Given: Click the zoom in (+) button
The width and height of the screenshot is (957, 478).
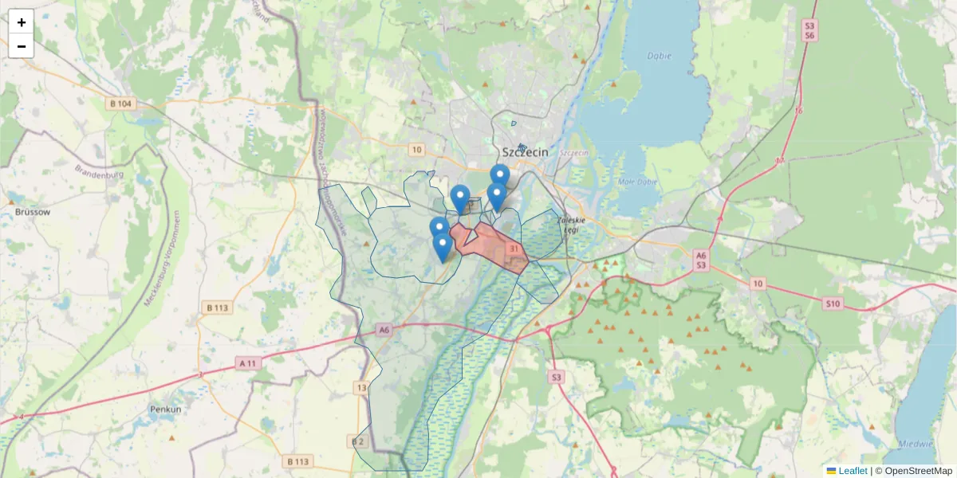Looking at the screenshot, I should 22,22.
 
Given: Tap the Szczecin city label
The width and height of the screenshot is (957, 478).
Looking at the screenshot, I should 525,152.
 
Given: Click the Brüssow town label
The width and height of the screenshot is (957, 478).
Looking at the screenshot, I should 32,212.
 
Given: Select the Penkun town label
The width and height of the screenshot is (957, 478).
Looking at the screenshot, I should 165,409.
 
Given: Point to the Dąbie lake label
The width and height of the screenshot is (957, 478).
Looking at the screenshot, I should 660,57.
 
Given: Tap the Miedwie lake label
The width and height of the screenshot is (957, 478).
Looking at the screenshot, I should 916,444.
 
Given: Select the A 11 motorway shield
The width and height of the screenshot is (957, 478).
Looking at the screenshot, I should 250,363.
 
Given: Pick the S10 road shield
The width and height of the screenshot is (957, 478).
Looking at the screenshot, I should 833,304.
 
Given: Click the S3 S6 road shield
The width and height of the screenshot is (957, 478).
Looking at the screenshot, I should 809,31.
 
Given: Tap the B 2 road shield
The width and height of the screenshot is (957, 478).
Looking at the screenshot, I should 357,441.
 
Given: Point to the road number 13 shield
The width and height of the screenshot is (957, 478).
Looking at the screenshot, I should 362,388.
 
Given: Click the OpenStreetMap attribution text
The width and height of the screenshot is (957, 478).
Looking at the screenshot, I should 918,471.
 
